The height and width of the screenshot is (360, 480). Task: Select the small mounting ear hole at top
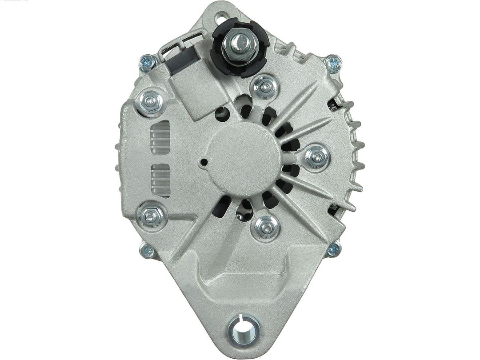(x=220, y=19)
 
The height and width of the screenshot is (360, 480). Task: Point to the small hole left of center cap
(x=204, y=162)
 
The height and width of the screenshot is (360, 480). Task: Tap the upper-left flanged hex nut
(x=151, y=102)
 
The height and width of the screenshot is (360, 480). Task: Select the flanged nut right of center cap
(x=317, y=157)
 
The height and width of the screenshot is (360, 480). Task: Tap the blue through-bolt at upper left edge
(x=147, y=64)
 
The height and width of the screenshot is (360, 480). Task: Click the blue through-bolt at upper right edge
(x=333, y=63)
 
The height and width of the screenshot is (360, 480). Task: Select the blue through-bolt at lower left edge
(x=147, y=251)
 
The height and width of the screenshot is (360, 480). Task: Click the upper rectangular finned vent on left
(x=160, y=137)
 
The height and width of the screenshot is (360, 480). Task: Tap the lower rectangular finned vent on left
(x=160, y=180)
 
